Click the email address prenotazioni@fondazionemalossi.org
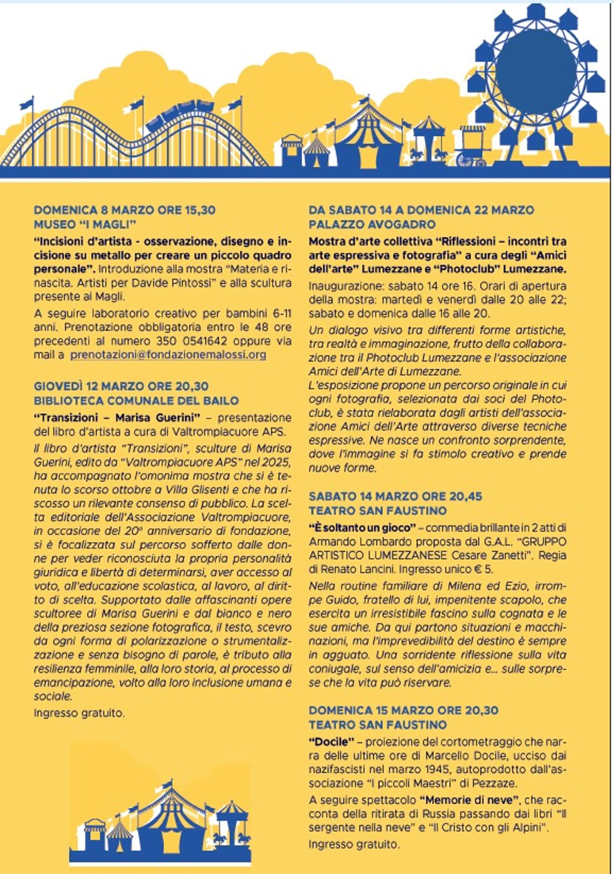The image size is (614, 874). [168, 355]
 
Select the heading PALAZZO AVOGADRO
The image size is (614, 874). [372, 225]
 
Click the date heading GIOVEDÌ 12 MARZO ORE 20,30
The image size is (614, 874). [121, 386]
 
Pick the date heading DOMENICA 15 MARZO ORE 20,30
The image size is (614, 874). [403, 710]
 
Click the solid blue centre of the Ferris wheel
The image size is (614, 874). [536, 65]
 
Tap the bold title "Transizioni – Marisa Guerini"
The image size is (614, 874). [117, 418]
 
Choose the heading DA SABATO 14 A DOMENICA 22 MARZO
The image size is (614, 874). [421, 210]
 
